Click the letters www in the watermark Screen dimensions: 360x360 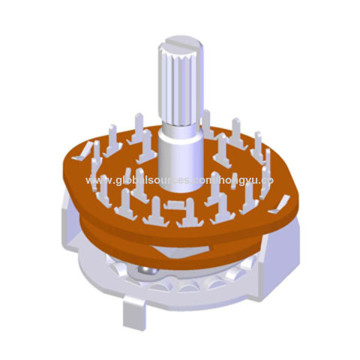tap(95, 181)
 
